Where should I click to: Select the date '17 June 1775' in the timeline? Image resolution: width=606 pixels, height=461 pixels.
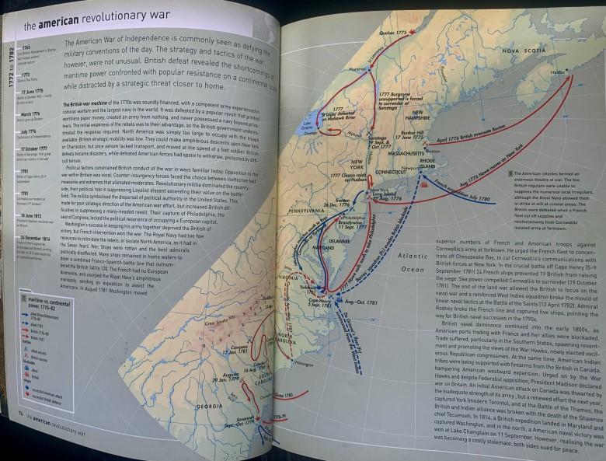pyautogui.click(x=32, y=91)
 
